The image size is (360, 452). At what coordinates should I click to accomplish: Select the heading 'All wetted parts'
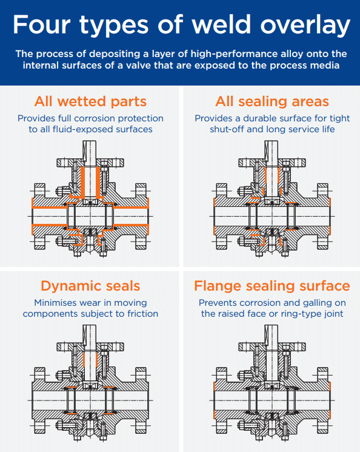[x=90, y=101]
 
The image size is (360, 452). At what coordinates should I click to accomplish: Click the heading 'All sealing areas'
[x=272, y=101]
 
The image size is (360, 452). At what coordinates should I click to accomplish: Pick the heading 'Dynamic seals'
[x=90, y=286]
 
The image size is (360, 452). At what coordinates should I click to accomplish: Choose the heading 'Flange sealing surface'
[x=272, y=286]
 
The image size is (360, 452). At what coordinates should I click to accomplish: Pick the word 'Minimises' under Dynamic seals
[x=55, y=303]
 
